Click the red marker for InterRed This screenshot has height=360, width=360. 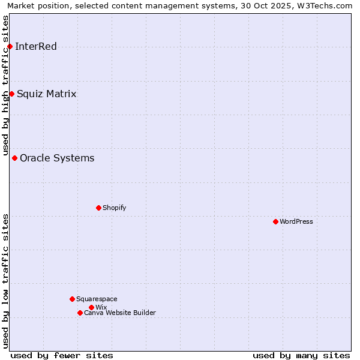tap(10, 46)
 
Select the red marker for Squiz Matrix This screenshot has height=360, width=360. tap(11, 94)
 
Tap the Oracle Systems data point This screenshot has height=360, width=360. tap(14, 158)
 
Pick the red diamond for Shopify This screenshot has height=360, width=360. tap(98, 208)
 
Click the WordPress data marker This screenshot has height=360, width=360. tap(275, 221)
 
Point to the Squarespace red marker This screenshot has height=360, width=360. tap(72, 299)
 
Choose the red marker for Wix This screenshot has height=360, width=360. tap(91, 307)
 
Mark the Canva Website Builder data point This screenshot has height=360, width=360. tap(80, 313)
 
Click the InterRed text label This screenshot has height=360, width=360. tap(36, 47)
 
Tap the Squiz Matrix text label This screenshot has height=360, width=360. tap(47, 94)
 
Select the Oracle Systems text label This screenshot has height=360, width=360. tap(57, 158)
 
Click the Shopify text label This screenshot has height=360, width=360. tap(114, 208)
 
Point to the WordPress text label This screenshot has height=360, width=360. tap(296, 222)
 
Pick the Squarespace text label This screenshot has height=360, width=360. tap(97, 299)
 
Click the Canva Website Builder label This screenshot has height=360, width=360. tap(120, 313)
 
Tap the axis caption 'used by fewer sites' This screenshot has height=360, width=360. tap(62, 355)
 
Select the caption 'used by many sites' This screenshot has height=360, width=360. tap(301, 355)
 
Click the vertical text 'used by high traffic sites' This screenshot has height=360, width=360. tap(5, 85)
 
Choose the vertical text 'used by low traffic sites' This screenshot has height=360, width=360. tap(5, 281)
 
